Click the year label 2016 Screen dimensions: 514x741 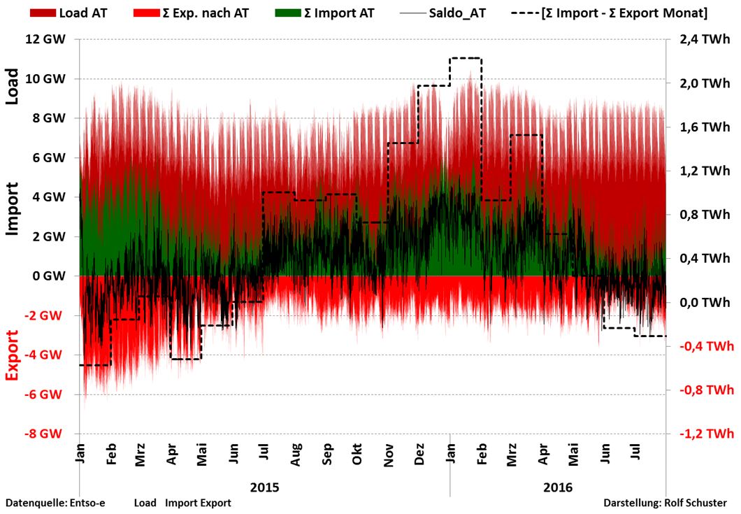point(558,487)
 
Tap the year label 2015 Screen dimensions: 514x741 point(265,487)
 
